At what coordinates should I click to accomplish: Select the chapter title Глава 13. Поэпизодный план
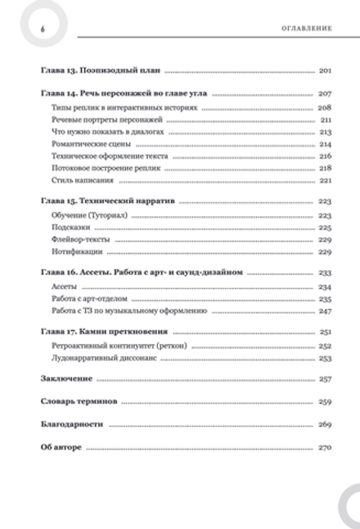point(100,71)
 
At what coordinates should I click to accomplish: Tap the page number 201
point(323,71)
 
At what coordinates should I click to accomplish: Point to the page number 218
point(324,167)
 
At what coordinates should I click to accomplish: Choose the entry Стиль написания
point(74,179)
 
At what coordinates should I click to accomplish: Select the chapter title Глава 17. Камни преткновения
point(104,333)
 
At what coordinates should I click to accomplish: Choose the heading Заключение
point(67,380)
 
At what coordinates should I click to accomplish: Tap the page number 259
point(323,403)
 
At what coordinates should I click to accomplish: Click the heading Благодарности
point(71,426)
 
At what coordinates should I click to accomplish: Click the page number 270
point(323,449)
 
